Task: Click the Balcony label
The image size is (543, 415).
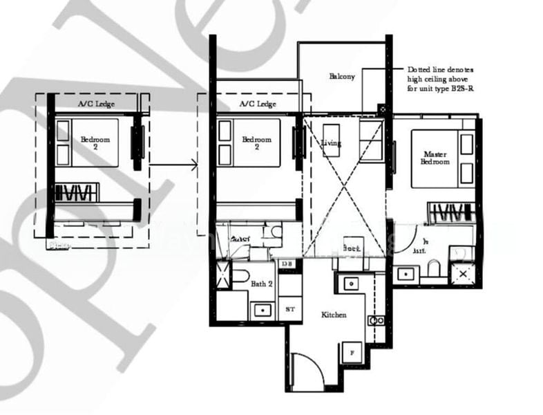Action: coord(342,76)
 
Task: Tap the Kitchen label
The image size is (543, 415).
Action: coord(334,315)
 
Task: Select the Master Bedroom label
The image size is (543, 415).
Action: coord(435,158)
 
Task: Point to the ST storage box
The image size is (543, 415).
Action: coord(289,309)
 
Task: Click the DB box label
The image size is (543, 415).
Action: coord(287,264)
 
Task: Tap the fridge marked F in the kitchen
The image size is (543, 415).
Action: coord(350,352)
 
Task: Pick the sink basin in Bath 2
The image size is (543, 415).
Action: coord(263,309)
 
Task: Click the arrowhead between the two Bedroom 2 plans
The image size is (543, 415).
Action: coord(194,165)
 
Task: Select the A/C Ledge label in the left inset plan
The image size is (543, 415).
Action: coord(96,104)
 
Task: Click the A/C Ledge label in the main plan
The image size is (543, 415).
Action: coord(257,104)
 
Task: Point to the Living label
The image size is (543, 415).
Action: coord(331,142)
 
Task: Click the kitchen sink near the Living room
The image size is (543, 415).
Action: coord(350,284)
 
